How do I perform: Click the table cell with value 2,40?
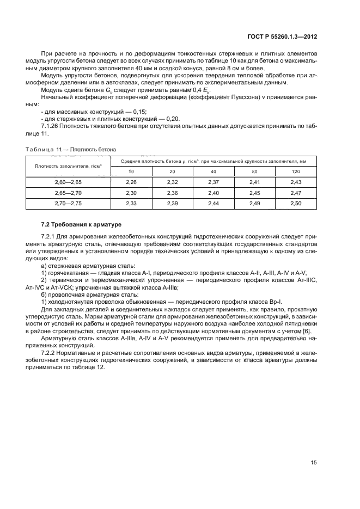point(213,193)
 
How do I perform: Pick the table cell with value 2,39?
point(172,203)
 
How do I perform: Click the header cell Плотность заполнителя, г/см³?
point(68,166)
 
